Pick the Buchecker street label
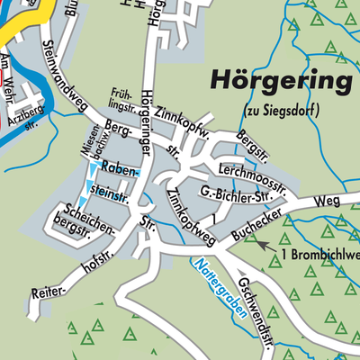click(x=262, y=222)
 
